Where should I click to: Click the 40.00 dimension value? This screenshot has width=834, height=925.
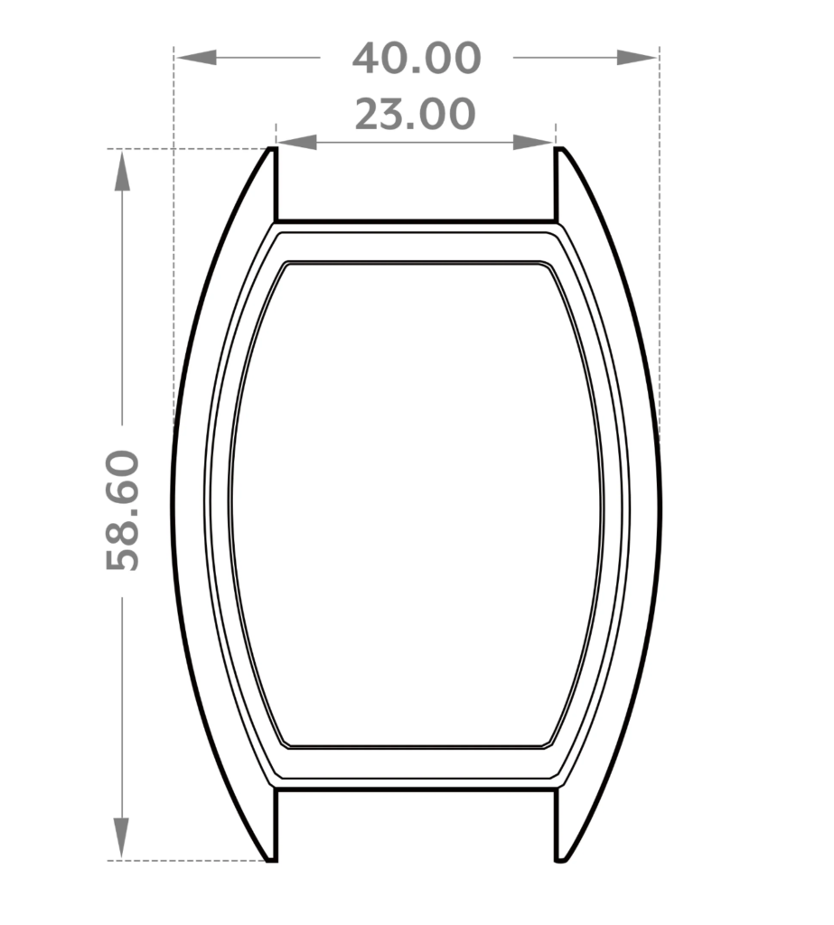[x=417, y=58]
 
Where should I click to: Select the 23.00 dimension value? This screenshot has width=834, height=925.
[x=415, y=114]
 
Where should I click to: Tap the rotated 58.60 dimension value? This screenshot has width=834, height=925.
[x=123, y=510]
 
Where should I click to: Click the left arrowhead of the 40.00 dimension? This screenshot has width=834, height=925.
[x=197, y=57]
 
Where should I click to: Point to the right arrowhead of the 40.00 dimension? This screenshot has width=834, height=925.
[x=637, y=57]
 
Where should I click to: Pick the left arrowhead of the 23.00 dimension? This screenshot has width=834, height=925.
[x=297, y=142]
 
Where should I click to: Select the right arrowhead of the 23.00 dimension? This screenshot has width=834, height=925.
[x=534, y=142]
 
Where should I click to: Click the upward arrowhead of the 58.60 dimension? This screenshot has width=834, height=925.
[x=122, y=171]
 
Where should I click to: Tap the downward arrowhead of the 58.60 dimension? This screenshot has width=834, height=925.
[x=122, y=838]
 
